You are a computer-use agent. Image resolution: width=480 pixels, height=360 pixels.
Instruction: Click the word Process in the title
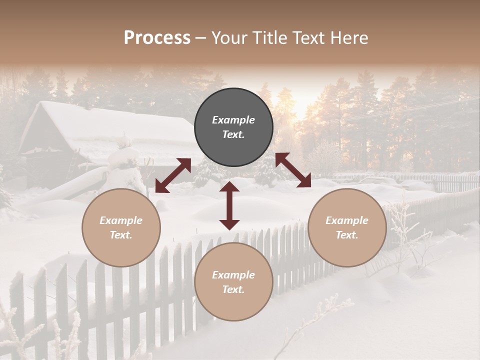click(x=157, y=38)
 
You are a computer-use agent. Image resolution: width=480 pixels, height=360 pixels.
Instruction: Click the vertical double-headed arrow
click(x=229, y=205)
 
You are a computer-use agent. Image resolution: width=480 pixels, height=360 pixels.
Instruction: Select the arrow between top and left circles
click(x=173, y=175)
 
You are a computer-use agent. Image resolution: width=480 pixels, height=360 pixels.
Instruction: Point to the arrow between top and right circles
click(x=293, y=170)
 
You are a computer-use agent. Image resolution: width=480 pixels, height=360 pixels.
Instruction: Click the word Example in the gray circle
click(x=233, y=120)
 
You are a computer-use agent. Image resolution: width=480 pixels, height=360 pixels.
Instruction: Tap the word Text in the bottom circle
click(x=233, y=289)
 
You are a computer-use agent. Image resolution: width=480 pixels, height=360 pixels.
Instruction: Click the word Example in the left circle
click(x=121, y=220)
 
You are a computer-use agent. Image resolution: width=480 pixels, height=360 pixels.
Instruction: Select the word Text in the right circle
click(x=347, y=235)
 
